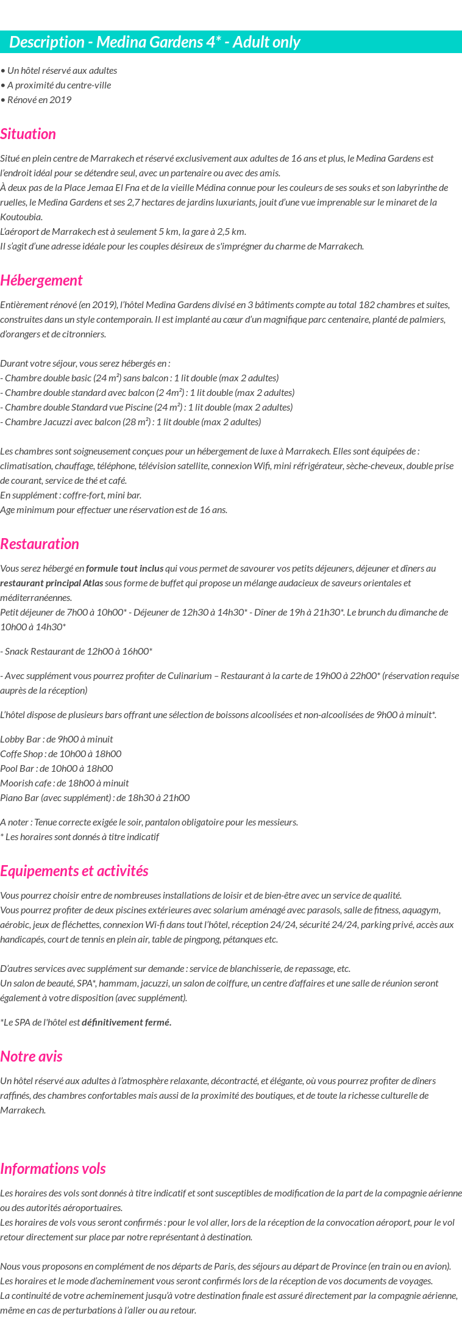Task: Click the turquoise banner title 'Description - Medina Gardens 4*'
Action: coord(155,42)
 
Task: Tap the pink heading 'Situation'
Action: coord(28,134)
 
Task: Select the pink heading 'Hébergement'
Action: coord(41,281)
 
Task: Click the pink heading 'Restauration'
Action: coord(40,544)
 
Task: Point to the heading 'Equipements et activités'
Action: coord(74,871)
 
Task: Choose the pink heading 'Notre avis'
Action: coord(32,1057)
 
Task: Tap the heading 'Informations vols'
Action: coord(53,1169)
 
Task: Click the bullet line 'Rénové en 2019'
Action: coord(37,100)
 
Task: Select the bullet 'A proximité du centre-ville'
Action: coord(56,85)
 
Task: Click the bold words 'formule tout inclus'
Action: coord(125,569)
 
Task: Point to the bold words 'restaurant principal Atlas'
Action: coord(52,583)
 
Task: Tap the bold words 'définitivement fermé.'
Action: coord(127,1023)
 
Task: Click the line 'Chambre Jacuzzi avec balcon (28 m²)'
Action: coord(131,422)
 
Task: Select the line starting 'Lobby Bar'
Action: coord(57,739)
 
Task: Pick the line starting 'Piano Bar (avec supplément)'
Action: coord(95,798)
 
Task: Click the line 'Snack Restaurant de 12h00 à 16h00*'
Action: coord(76,652)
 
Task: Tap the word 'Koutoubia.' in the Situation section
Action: coord(21,217)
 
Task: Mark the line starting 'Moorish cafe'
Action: coord(65,783)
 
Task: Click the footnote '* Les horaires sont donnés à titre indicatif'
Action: coord(80,837)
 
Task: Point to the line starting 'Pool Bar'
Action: coord(57,769)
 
